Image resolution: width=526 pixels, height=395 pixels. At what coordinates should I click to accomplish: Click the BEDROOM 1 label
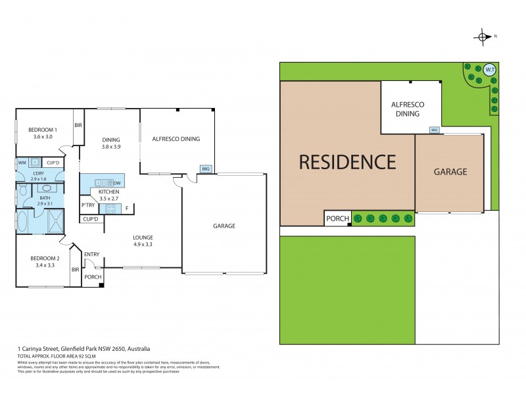coord(43,130)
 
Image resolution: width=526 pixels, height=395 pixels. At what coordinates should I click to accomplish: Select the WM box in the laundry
coord(22,162)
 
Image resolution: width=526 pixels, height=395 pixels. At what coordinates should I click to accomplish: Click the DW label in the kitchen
coord(117,182)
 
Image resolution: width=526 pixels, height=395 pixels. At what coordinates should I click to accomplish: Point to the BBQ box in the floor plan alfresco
coord(205,168)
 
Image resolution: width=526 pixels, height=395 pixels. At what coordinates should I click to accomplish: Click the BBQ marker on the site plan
coord(434,130)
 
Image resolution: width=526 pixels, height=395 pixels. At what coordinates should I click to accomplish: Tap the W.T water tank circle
coord(489,68)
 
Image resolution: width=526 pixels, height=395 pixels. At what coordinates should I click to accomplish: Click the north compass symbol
coord(484,37)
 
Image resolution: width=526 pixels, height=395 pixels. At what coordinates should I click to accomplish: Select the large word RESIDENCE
coord(348,162)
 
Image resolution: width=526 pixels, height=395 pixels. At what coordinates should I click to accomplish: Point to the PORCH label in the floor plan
coord(93,277)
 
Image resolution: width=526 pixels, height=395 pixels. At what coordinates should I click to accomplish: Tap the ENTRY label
coord(92,254)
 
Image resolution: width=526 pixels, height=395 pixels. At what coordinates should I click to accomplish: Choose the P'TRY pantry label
coord(89,205)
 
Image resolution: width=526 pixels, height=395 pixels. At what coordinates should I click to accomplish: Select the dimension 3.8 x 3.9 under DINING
coord(110,147)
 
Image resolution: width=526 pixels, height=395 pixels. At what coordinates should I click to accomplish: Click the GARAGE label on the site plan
coord(450,172)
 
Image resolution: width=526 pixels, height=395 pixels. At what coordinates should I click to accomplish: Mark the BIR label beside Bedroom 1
coord(78,125)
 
